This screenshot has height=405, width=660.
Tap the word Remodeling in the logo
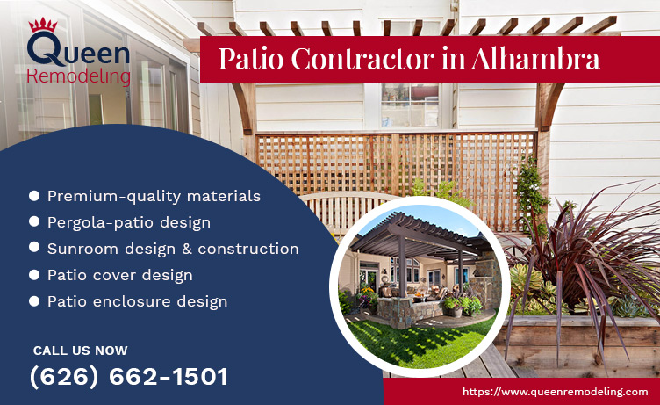coord(79,76)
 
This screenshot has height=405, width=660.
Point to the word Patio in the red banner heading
coord(249,59)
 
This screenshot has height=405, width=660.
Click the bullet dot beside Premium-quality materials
coord(34,196)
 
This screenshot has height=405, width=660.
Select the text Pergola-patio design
coord(128,222)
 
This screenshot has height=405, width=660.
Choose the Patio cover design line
coord(120,275)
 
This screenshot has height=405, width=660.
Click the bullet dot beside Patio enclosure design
coord(34,301)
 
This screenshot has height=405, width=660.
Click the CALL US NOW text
coord(80,351)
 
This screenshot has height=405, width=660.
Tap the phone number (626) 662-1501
coord(128,377)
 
